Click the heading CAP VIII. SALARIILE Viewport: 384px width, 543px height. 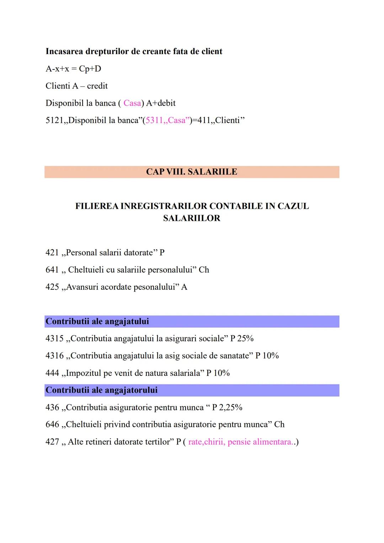191,172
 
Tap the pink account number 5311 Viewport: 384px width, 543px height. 154,120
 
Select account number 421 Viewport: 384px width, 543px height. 52,252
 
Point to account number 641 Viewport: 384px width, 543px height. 52,270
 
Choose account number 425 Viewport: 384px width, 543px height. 52,287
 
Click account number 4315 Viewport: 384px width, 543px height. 54,338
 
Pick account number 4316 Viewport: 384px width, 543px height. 54,356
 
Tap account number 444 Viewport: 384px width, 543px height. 52,373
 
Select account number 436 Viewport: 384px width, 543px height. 52,407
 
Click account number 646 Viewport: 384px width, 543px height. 52,424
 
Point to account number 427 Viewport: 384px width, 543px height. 52,442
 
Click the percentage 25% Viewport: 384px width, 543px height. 245,338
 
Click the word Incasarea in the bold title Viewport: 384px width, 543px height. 64,51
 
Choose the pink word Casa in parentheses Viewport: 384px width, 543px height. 132,103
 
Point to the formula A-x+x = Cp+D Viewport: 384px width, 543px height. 73,69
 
